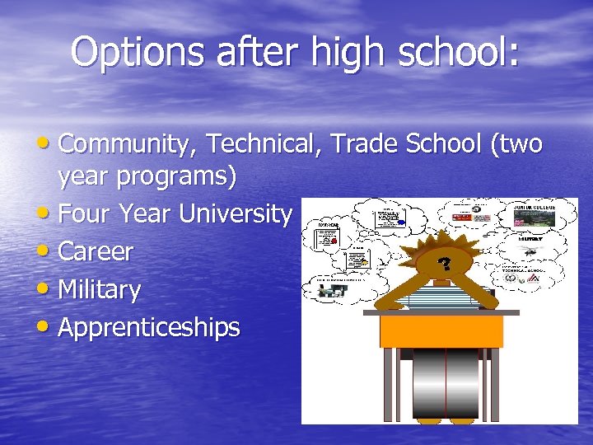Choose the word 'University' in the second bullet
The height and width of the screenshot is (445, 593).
click(236, 214)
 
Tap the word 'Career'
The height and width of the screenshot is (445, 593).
click(96, 251)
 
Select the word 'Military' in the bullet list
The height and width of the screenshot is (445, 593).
click(100, 289)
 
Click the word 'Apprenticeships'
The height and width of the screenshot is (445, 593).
click(149, 327)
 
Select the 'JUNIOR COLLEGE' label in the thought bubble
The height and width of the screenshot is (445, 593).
click(535, 207)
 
